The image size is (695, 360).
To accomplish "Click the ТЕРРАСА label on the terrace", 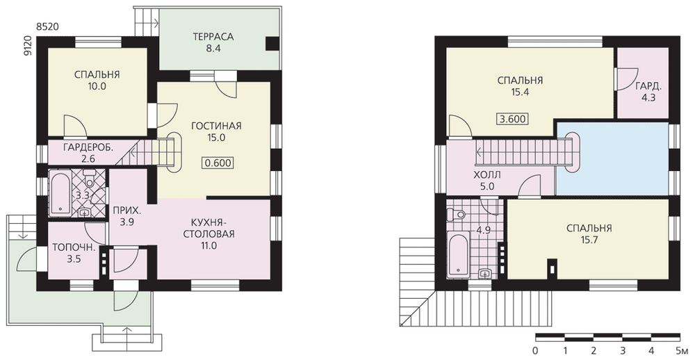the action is tap(213, 37).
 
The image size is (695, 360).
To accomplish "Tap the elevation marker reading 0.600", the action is tap(218, 163).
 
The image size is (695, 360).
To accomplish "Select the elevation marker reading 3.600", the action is tap(514, 120).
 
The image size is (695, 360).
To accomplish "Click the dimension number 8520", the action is tap(47, 27).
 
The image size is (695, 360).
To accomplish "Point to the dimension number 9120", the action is tap(28, 46).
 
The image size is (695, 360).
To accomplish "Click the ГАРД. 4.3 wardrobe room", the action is tap(643, 83).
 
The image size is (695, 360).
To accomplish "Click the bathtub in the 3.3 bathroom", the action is tap(59, 193).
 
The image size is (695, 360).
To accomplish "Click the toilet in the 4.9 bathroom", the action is tap(456, 215).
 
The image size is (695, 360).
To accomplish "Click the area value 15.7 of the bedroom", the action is tap(589, 240).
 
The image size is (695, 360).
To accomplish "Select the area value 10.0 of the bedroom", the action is tap(97, 87).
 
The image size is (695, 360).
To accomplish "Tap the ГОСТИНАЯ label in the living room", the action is tap(216, 126).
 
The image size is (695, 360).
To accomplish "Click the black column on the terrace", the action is tap(272, 44).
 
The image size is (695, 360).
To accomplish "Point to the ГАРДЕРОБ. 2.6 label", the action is tap(88, 152).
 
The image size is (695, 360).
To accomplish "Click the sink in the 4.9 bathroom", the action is tap(485, 272).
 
